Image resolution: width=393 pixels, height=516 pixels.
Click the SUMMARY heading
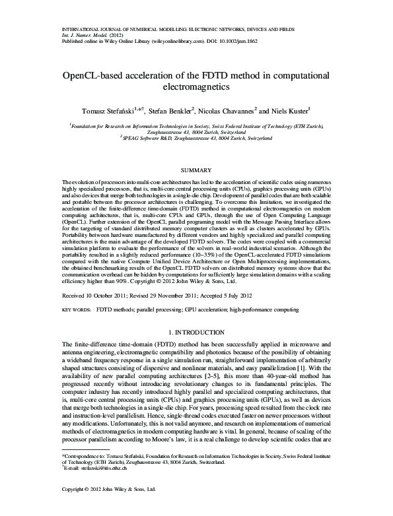[x=196, y=170]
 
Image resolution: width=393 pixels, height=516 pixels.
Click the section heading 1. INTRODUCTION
[x=196, y=331]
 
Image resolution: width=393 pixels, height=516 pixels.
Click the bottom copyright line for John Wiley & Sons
[x=108, y=507]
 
